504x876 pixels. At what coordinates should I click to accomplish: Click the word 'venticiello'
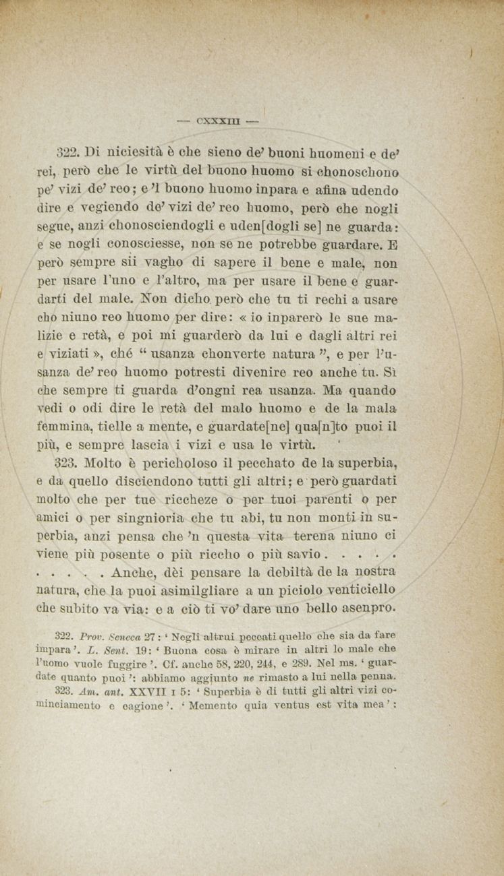(x=356, y=590)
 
